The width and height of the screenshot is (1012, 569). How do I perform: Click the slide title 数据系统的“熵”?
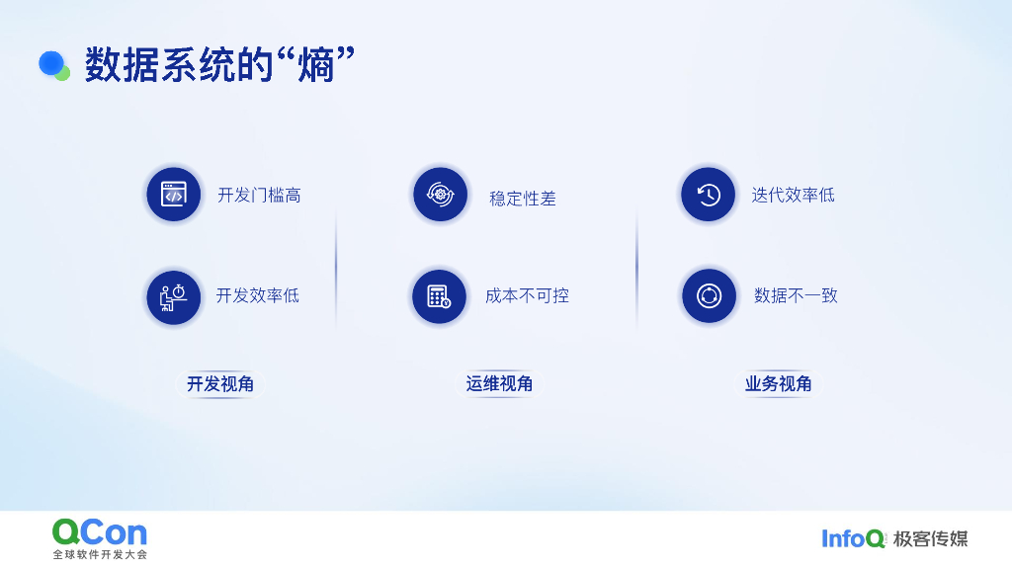coord(219,65)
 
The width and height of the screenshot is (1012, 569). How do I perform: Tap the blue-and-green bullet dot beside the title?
coord(53,65)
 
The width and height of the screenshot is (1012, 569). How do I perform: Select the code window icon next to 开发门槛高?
coord(174,195)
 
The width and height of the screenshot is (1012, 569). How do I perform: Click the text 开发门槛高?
coord(259,196)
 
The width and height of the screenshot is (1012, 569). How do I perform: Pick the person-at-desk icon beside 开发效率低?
coord(174,296)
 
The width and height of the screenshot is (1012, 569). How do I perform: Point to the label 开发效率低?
coord(257,295)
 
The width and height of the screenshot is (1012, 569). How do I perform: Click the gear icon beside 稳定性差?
coord(440,195)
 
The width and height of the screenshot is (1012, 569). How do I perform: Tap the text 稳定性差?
coord(523,199)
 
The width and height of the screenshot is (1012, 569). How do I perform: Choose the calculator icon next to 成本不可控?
coord(439,296)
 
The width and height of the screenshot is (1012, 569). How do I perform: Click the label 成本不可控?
coord(527,295)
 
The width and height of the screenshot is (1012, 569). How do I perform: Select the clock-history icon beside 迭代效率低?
coord(708,195)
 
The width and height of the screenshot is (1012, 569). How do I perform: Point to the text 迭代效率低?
coord(793,196)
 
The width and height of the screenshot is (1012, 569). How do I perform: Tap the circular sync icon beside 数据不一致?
coord(709,296)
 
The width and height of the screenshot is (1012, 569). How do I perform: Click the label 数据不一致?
coord(796,295)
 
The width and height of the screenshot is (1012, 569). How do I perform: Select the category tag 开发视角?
coord(220,383)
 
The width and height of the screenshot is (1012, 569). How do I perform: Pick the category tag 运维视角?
coord(499,383)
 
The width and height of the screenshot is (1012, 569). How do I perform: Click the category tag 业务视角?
coord(778,383)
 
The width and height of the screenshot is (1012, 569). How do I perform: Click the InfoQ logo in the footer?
coord(854,538)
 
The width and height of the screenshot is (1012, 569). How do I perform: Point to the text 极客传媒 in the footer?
coord(930,538)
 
